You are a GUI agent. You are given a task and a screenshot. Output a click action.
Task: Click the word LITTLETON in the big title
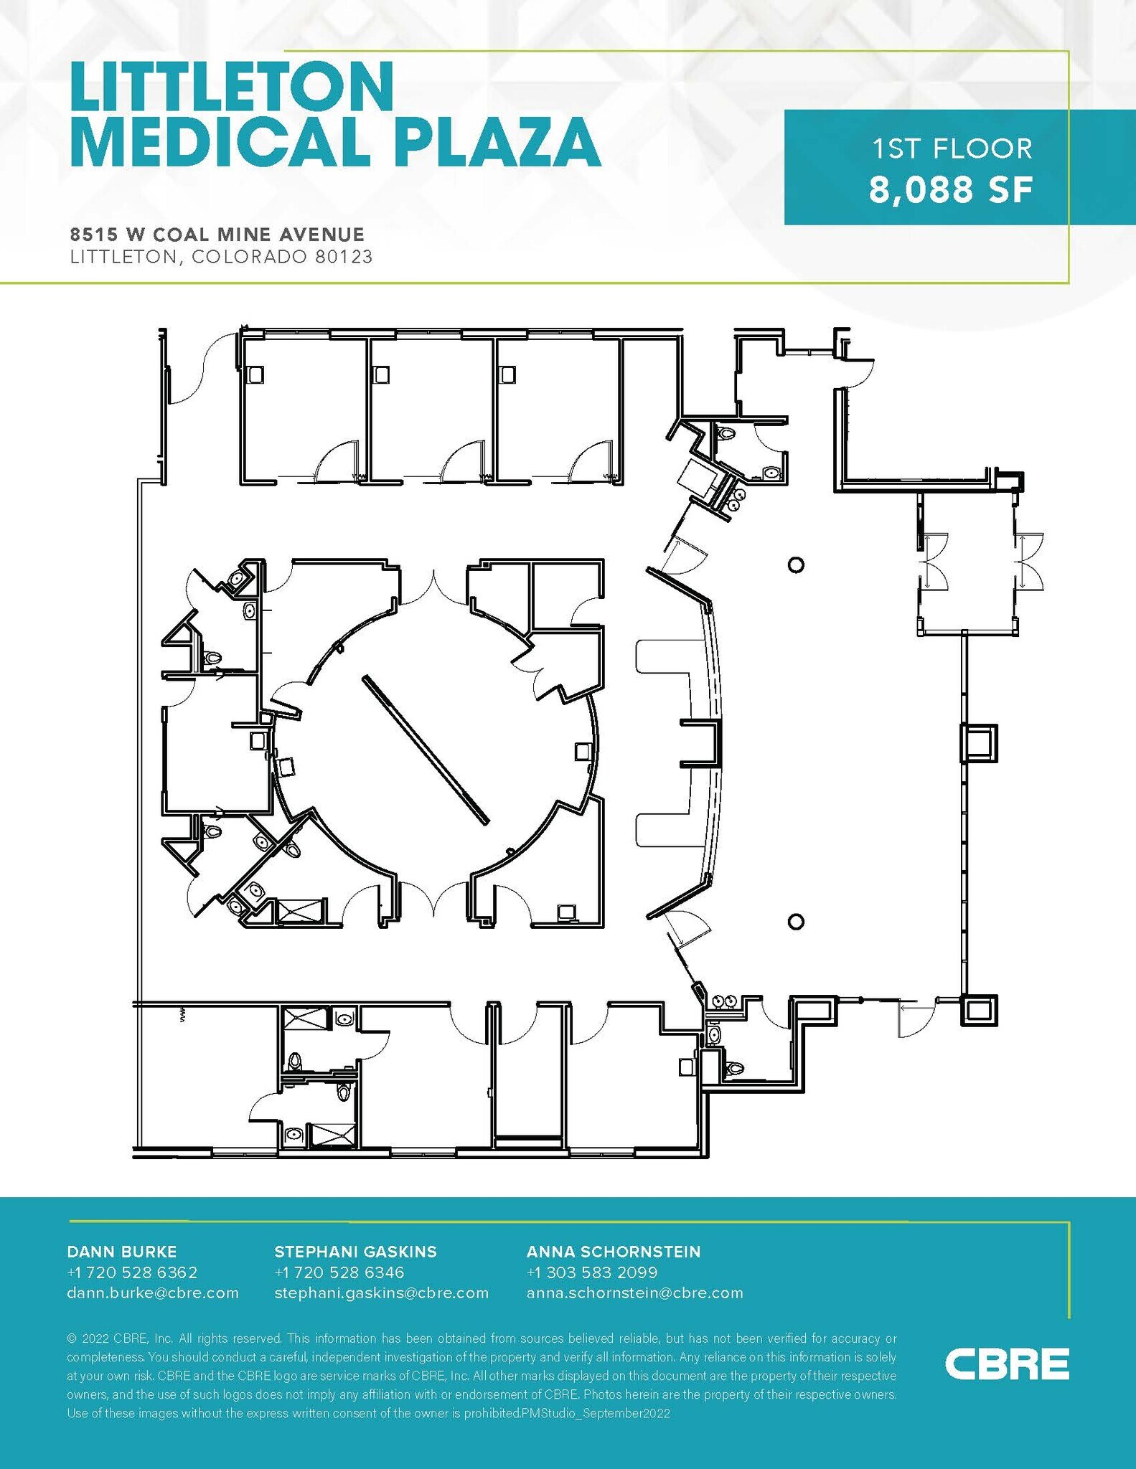tap(232, 87)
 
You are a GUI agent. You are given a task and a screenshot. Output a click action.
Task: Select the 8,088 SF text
tap(950, 190)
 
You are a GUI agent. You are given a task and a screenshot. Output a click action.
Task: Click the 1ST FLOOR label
tap(952, 149)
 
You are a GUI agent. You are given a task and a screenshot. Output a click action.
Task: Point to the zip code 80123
tap(344, 257)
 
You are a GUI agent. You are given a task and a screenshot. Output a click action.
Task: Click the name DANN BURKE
tap(121, 1252)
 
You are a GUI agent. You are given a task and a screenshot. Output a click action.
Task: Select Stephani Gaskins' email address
tap(381, 1293)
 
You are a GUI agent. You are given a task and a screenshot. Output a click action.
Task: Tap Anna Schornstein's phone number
tap(592, 1272)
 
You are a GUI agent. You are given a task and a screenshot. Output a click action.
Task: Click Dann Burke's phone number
tap(132, 1272)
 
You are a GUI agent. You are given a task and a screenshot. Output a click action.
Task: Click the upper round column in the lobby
tap(795, 565)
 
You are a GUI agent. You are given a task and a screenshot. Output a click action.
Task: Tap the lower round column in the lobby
tap(795, 922)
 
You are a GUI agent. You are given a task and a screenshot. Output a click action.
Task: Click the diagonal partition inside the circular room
tap(426, 749)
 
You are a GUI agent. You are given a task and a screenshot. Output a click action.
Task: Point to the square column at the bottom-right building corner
tap(978, 1010)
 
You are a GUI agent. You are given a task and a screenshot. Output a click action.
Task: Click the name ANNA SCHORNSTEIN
tap(613, 1252)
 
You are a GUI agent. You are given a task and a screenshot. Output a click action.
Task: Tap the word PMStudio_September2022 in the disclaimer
tap(596, 1413)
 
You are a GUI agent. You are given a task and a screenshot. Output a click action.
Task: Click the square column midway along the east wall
tap(979, 742)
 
